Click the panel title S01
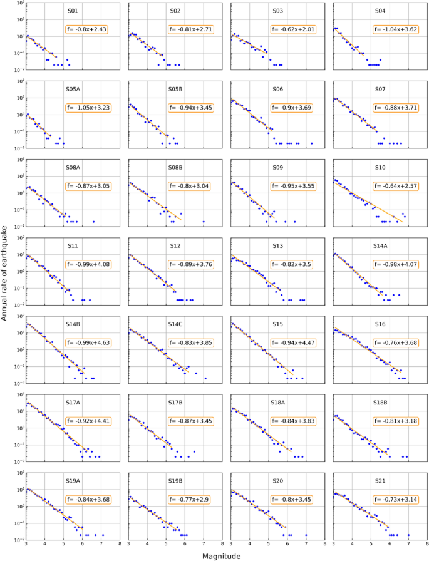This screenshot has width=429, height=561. coord(73,11)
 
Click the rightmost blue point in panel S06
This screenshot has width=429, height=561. coord(311,143)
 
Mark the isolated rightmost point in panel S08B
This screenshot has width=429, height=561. coord(204,222)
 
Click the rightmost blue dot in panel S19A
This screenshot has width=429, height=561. coord(103,535)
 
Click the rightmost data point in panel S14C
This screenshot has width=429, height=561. coord(205,378)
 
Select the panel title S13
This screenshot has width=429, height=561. coord(279,246)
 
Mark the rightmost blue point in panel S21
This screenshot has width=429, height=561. coord(409,535)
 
